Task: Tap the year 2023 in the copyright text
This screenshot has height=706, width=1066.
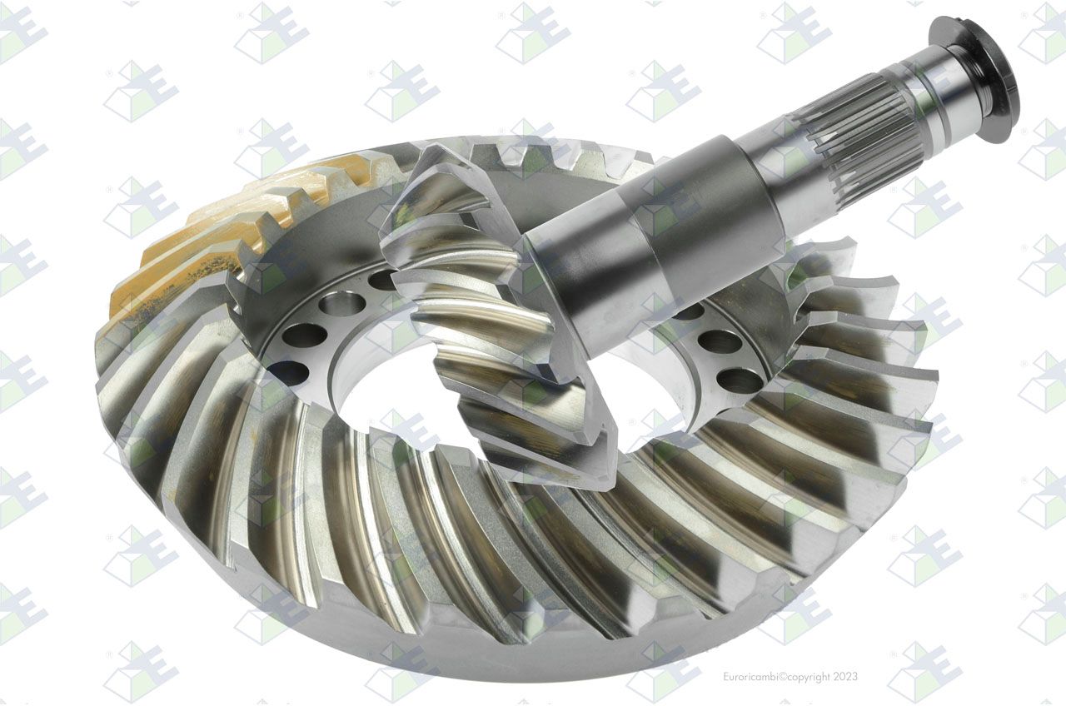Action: pos(844,677)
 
